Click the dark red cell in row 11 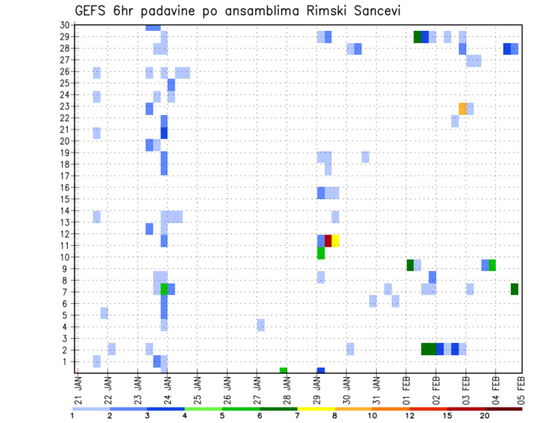pos(328,241)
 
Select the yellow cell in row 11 pos(336,241)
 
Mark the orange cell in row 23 pos(463,108)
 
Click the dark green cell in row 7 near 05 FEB pos(515,289)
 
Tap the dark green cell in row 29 pos(418,37)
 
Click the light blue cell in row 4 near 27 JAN pos(261,325)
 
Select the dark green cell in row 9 pos(410,265)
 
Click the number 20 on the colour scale pos(484,416)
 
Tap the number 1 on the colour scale pos(72,416)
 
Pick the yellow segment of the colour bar pos(316,409)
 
